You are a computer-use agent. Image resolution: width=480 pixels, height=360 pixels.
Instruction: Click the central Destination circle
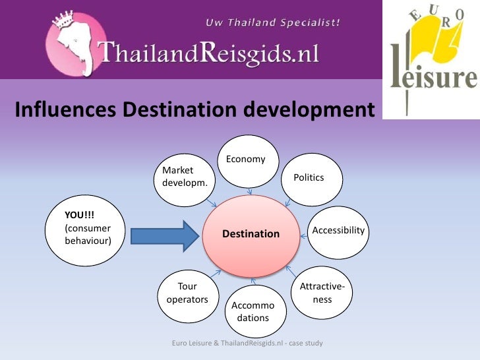pyautogui.click(x=251, y=234)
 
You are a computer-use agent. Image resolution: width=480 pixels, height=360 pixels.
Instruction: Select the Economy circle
pyautogui.click(x=247, y=161)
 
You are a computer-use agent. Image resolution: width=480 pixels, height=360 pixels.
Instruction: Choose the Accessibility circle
pyautogui.click(x=338, y=231)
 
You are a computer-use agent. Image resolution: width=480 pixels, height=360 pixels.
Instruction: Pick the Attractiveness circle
pyautogui.click(x=322, y=293)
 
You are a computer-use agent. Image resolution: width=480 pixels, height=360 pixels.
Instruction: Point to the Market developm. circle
pyautogui.click(x=185, y=177)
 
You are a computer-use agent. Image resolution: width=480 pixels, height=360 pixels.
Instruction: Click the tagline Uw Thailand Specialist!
pyautogui.click(x=273, y=22)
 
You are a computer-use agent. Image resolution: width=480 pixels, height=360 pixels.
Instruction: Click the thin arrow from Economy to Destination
pyautogui.click(x=250, y=191)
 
